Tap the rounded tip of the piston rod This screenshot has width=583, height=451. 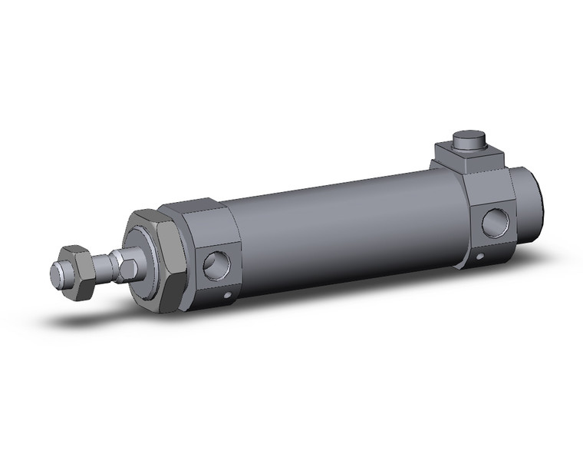[x=55, y=271]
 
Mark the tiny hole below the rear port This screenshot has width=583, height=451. [x=480, y=256]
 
